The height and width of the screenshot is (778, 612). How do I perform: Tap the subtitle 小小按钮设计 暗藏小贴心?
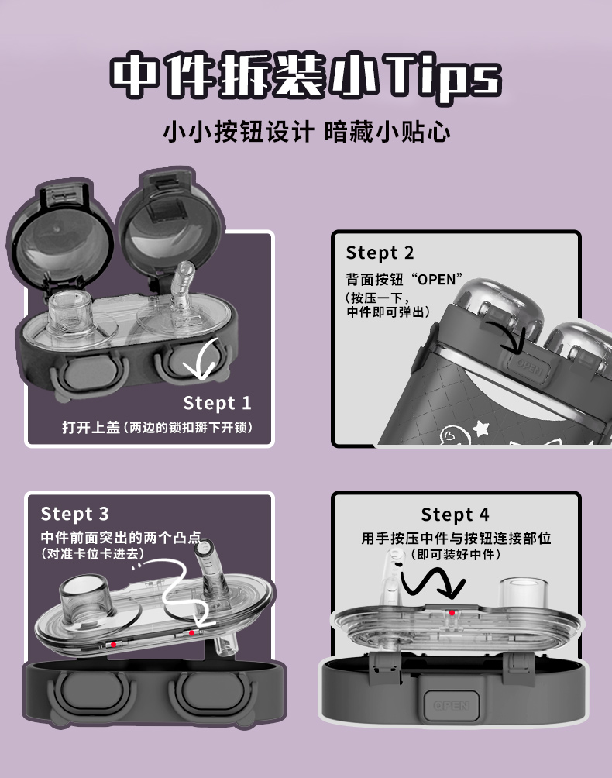click(307, 132)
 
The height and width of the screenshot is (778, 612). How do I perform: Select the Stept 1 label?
click(217, 403)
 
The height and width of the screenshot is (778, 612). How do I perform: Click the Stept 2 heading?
click(380, 253)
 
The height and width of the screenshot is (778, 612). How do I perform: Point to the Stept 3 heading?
click(75, 514)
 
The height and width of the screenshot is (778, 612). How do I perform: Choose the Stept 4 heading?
click(456, 515)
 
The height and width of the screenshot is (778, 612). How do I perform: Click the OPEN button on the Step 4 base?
click(451, 705)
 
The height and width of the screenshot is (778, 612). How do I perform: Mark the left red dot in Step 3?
click(114, 645)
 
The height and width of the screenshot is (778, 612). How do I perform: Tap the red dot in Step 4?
click(452, 613)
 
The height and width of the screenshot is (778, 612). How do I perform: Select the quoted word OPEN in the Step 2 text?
click(435, 279)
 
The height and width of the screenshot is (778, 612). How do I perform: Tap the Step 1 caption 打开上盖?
click(91, 427)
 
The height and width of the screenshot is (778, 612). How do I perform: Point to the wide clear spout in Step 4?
click(523, 591)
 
